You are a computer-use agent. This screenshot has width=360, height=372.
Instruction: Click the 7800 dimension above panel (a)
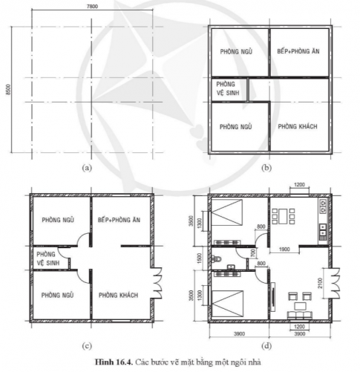click(x=91, y=6)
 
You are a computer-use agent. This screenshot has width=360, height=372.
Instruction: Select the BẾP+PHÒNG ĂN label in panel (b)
click(x=298, y=53)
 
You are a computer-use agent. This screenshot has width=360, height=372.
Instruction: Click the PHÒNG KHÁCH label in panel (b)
click(x=298, y=126)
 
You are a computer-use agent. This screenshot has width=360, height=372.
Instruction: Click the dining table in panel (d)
click(x=284, y=216)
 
